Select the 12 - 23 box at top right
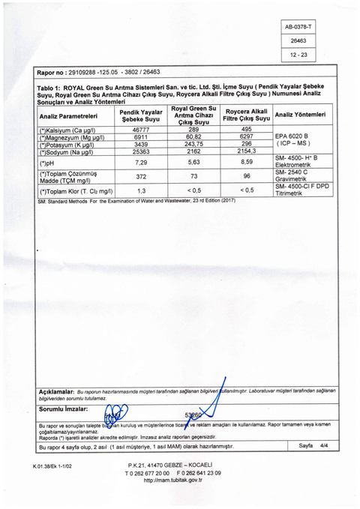pyautogui.click(x=298, y=55)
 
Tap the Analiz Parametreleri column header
pyautogui.click(x=68, y=116)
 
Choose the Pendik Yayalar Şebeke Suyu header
pyautogui.click(x=141, y=116)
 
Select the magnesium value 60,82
pyautogui.click(x=194, y=137)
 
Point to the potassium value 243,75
pyautogui.click(x=194, y=144)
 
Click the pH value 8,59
pyautogui.click(x=246, y=162)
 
